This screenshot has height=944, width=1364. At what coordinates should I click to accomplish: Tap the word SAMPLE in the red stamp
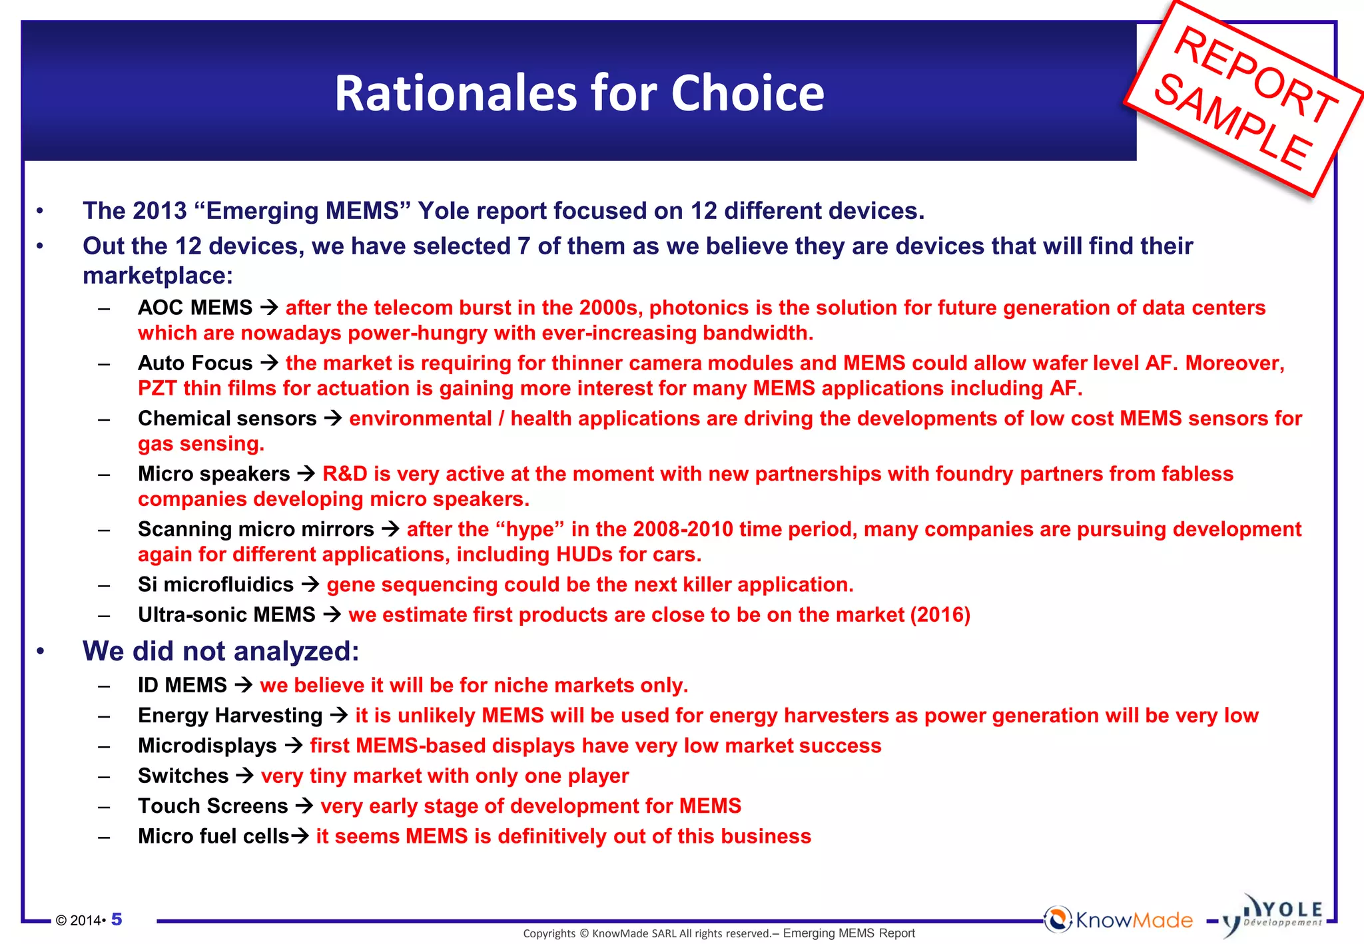pyautogui.click(x=1232, y=123)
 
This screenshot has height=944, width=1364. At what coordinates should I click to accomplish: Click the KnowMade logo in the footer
pyautogui.click(x=1119, y=920)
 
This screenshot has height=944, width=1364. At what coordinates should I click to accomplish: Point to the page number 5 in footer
pyautogui.click(x=117, y=919)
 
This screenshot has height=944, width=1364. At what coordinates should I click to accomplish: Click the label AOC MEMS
pyautogui.click(x=195, y=308)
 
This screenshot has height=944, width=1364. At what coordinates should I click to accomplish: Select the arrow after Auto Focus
pyautogui.click(x=269, y=363)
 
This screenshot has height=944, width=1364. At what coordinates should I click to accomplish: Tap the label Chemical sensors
pyautogui.click(x=227, y=418)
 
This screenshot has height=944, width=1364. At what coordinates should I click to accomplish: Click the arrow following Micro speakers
pyautogui.click(x=306, y=473)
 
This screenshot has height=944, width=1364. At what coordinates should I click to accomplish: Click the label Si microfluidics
pyautogui.click(x=215, y=585)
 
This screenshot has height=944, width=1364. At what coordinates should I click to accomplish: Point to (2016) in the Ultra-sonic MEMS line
pyautogui.click(x=940, y=614)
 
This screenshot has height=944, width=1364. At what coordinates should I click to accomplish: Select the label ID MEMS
pyautogui.click(x=182, y=685)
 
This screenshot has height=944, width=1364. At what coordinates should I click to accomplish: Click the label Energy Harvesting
pyautogui.click(x=230, y=716)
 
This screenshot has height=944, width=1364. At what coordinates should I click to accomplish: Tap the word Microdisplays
pyautogui.click(x=207, y=746)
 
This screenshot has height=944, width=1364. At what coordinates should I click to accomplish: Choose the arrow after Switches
pyautogui.click(x=244, y=776)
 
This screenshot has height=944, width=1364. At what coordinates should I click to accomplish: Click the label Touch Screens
pyautogui.click(x=212, y=806)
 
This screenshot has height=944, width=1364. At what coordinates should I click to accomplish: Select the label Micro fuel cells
pyautogui.click(x=213, y=836)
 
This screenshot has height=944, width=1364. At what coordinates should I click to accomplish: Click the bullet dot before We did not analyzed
pyautogui.click(x=41, y=651)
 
